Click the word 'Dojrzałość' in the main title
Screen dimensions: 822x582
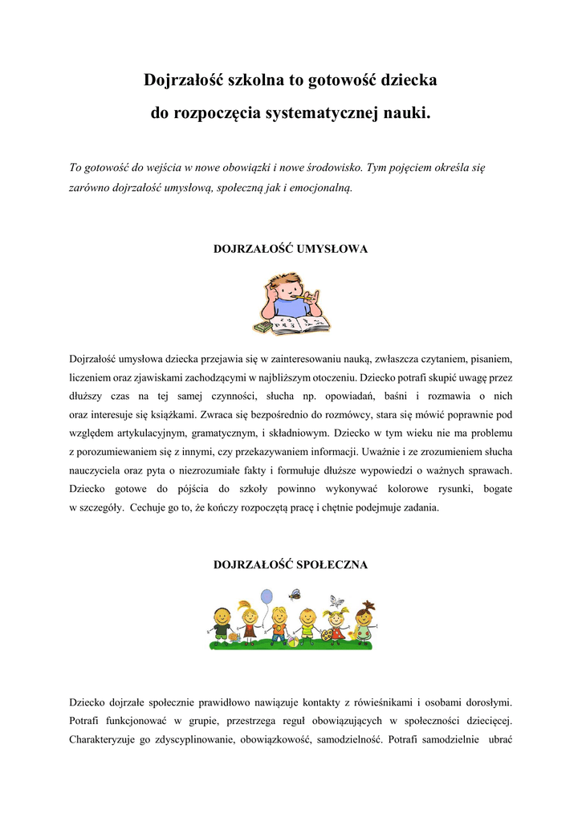tap(184, 80)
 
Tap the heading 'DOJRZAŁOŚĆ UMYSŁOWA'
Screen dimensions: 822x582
tap(291, 249)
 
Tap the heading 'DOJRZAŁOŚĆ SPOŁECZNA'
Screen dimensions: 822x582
tap(291, 564)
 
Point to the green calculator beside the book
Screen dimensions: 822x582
tap(262, 328)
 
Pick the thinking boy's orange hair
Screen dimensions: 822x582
tap(283, 281)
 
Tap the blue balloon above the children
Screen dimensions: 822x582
tap(267, 596)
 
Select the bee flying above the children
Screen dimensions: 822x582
tap(295, 595)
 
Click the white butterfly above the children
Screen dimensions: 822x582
tap(337, 600)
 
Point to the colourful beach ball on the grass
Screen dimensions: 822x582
tap(295, 641)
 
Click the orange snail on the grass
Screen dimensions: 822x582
tap(234, 637)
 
